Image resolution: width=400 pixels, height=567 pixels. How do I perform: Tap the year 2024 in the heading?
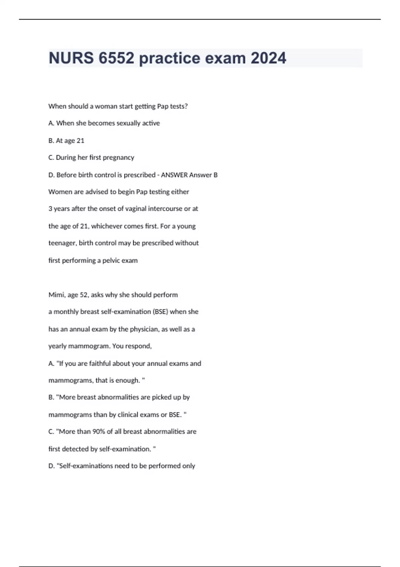tap(268, 58)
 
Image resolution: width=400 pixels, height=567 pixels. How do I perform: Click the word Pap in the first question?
tap(163, 106)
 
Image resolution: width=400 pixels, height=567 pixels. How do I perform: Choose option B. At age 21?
tap(66, 141)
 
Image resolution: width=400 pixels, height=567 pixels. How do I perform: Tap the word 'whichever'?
tap(107, 226)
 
